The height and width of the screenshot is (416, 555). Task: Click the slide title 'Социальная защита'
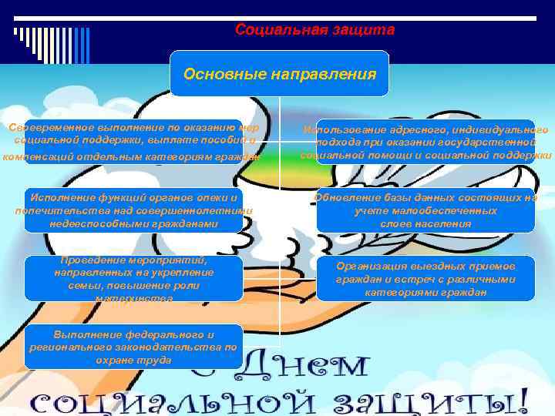pos(314,30)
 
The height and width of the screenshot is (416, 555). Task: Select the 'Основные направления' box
pos(279,74)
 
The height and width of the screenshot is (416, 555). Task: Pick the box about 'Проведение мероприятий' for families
pos(133,278)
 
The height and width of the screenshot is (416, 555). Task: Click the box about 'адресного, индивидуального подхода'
pos(425,143)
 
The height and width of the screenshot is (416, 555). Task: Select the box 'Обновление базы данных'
pos(425,210)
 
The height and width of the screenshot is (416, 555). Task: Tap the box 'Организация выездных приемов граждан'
pos(425,278)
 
